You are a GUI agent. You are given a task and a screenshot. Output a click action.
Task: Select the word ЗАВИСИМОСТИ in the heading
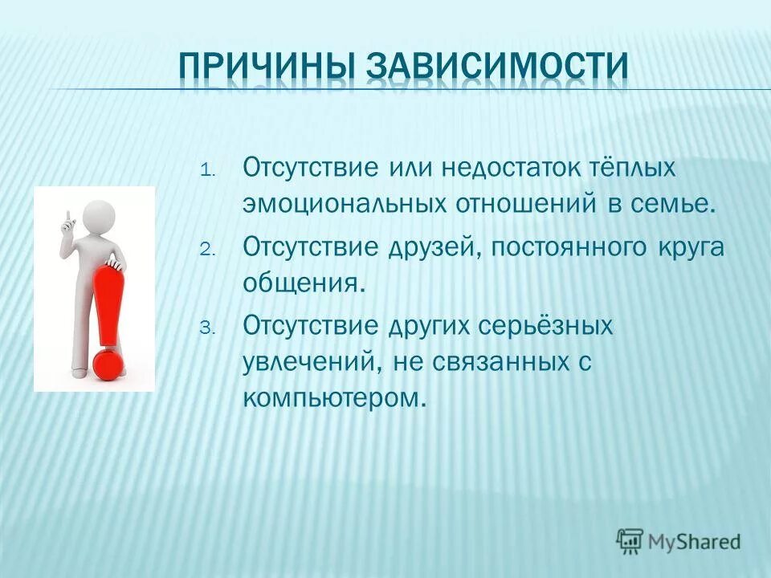click(497, 67)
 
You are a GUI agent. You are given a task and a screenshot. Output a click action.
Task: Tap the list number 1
click(205, 171)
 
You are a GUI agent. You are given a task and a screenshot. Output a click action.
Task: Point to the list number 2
click(205, 250)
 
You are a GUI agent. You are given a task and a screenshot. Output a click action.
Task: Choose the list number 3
click(205, 328)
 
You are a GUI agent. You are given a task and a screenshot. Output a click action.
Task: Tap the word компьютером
click(332, 397)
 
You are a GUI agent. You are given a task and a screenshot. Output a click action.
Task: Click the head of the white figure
click(100, 216)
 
